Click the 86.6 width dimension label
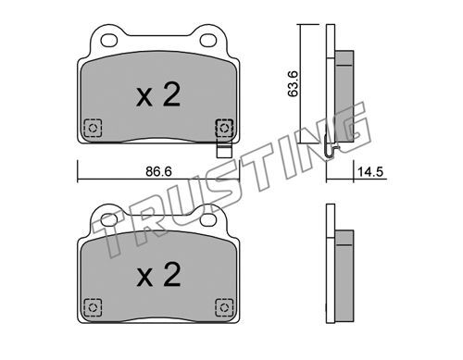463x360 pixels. [158, 171]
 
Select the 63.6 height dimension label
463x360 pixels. [293, 83]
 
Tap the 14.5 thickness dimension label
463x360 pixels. [370, 171]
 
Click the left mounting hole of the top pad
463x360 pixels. [109, 40]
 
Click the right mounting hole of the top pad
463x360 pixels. [208, 40]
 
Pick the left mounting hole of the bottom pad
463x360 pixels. [109, 219]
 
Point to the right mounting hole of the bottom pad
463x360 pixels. [208, 219]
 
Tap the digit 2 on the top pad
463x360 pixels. [171, 94]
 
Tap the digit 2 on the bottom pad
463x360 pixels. [171, 274]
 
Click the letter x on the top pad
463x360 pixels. [144, 98]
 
